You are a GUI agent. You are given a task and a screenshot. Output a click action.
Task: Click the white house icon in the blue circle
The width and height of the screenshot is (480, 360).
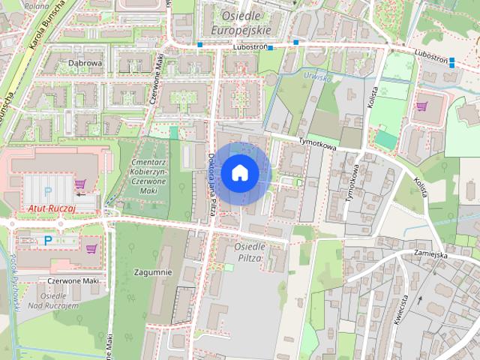[239, 173]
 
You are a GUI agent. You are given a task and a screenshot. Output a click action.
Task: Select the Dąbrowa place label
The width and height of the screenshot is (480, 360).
[85, 64]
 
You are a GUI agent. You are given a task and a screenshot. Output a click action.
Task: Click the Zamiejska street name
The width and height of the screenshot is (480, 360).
[430, 254]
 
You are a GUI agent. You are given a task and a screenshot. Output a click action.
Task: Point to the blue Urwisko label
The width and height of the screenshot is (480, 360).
[316, 75]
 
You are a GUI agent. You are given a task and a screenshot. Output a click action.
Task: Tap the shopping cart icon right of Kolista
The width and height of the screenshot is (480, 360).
[421, 106]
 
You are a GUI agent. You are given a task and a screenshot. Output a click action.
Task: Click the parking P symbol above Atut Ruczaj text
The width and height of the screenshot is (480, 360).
[48, 191]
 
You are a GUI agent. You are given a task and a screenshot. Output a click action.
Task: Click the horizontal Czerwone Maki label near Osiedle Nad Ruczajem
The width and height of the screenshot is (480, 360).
[73, 280]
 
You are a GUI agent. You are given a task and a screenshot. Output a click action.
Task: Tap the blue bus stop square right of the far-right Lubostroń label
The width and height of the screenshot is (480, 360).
[452, 64]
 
